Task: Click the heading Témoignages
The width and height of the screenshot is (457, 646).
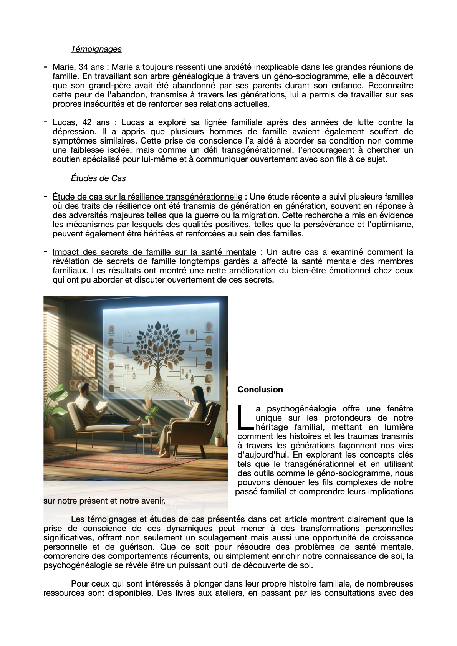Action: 96,49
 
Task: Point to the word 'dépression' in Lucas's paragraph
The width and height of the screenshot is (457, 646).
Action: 71,132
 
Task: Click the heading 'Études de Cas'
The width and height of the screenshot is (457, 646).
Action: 98,178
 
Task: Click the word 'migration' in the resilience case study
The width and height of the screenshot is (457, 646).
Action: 260,215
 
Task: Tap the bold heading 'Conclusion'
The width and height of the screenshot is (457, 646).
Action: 260,390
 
